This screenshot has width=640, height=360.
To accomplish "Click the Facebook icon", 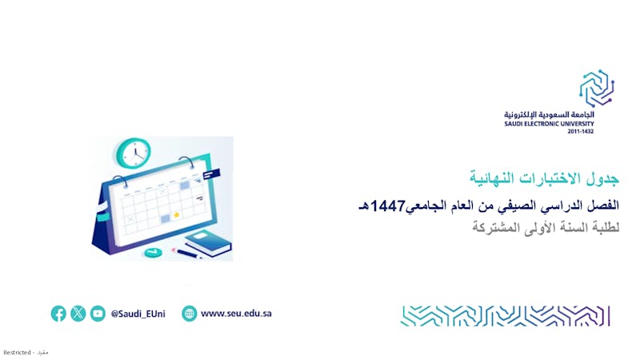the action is pos(58,314).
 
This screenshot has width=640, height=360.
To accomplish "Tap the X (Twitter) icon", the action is pos(78,314).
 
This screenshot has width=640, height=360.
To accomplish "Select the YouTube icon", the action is pos(98,314).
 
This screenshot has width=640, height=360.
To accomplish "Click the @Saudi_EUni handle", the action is pos(138,314).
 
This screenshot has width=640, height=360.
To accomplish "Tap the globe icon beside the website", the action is pos(189,314).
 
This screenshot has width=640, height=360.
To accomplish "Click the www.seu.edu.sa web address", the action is pos(236,314).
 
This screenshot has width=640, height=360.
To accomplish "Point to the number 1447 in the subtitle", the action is pos(388,206).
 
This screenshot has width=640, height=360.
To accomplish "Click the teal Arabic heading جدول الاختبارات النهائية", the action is pos(544,178).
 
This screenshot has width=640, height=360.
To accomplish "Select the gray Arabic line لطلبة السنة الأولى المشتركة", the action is pos(546,227).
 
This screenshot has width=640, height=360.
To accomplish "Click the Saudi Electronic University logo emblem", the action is pos(597,88).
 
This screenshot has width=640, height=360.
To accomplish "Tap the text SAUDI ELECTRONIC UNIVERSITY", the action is pos(549,124).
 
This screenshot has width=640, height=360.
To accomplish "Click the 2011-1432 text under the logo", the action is pos(581,131).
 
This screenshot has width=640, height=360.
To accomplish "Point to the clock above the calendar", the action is pos(134,153).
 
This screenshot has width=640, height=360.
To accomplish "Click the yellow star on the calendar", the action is pos(176,214).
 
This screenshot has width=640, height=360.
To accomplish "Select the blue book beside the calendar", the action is pos(209,244).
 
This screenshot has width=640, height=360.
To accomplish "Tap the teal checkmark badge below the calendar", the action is pos(153,253).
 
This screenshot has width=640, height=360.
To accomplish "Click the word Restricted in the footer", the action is pos(17,352).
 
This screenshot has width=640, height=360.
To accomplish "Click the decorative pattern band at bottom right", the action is pos(506,316).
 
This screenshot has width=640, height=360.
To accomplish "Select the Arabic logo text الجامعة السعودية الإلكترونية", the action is pos(549,114).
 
